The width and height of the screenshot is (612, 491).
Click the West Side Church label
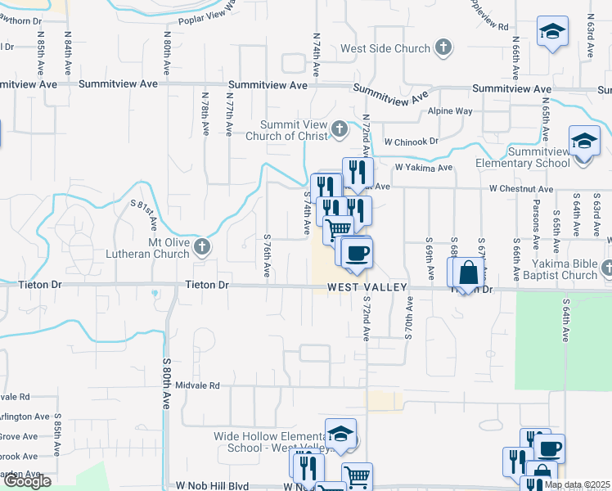[x=385, y=48]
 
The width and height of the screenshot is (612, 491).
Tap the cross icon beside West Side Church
[x=443, y=47]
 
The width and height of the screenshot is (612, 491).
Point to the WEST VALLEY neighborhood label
[x=368, y=288]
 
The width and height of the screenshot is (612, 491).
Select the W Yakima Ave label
[x=423, y=168]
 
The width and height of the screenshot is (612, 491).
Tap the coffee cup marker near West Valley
[x=355, y=253]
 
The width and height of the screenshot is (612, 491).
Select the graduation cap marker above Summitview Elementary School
[x=584, y=142]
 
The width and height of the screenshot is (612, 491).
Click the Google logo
[x=27, y=481]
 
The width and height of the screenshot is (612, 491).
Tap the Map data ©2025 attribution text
[x=578, y=484]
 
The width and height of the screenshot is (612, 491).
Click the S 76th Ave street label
[x=268, y=255]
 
